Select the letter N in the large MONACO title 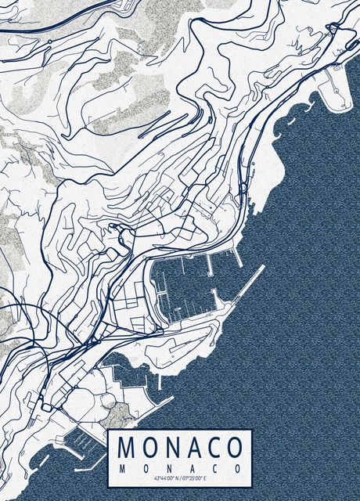click(172, 448)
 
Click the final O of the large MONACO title click(234, 448)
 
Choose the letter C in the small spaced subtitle click(215, 467)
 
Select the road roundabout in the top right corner click(333, 29)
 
